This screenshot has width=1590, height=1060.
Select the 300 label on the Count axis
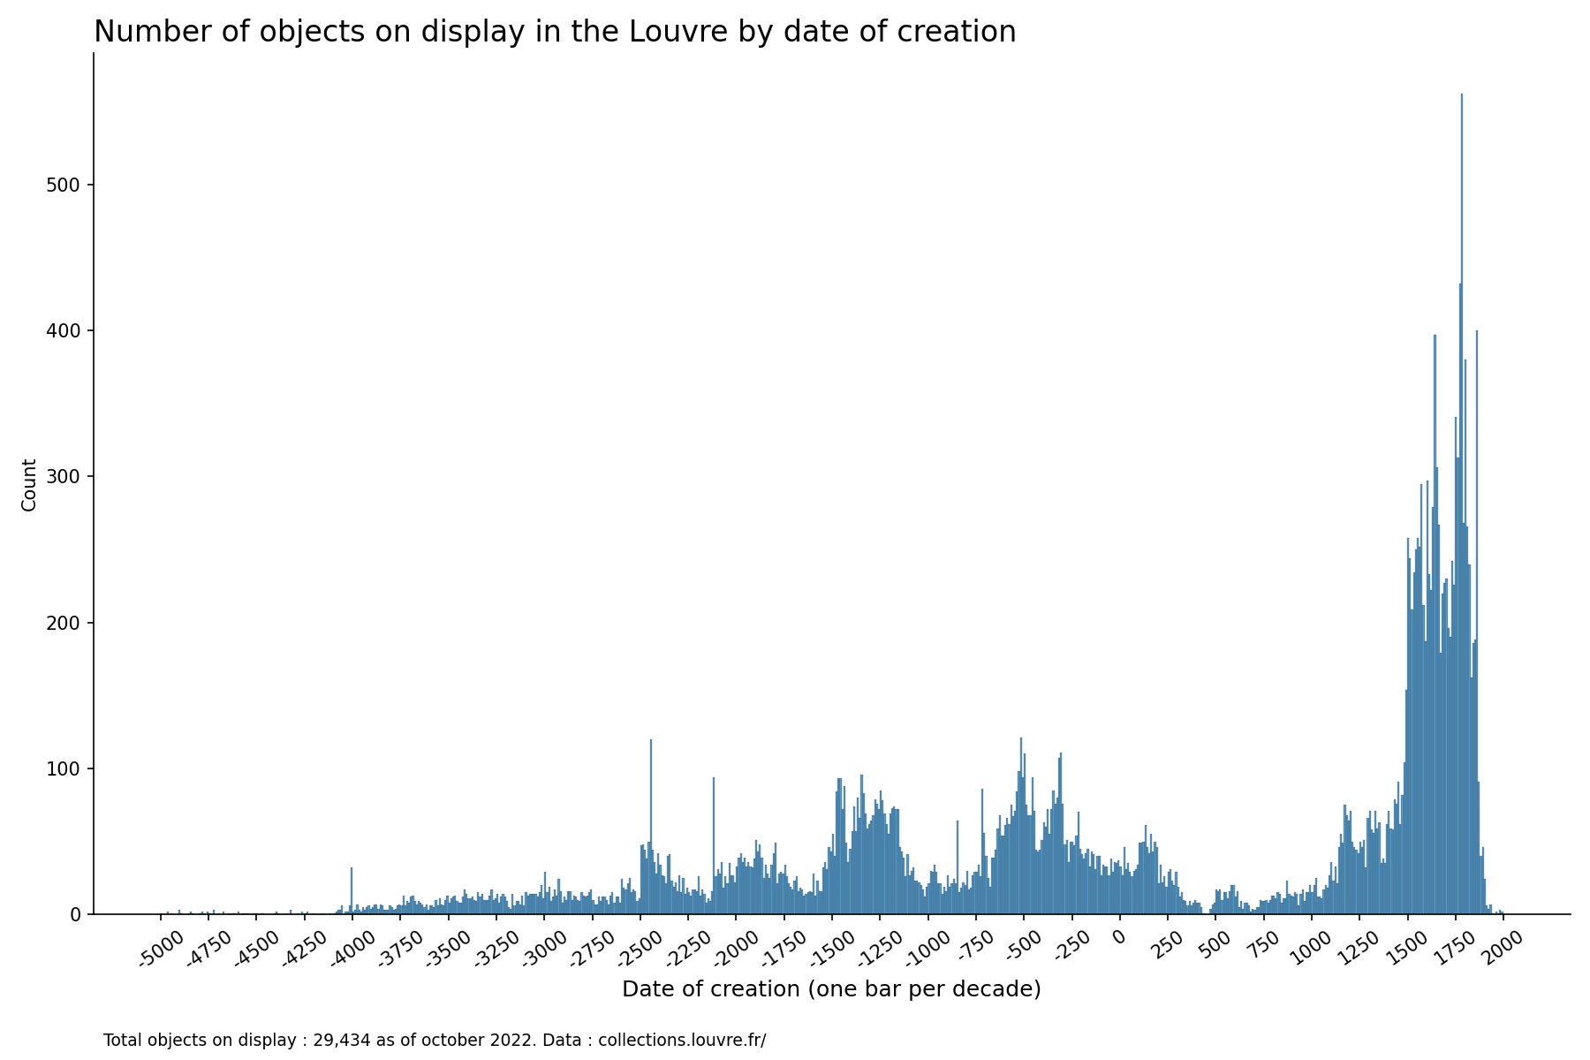70,477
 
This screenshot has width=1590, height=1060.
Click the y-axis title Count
29,484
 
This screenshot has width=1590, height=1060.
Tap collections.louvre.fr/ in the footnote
682,1041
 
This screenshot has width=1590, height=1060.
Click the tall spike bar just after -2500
651,830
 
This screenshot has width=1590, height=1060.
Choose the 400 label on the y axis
70,331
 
